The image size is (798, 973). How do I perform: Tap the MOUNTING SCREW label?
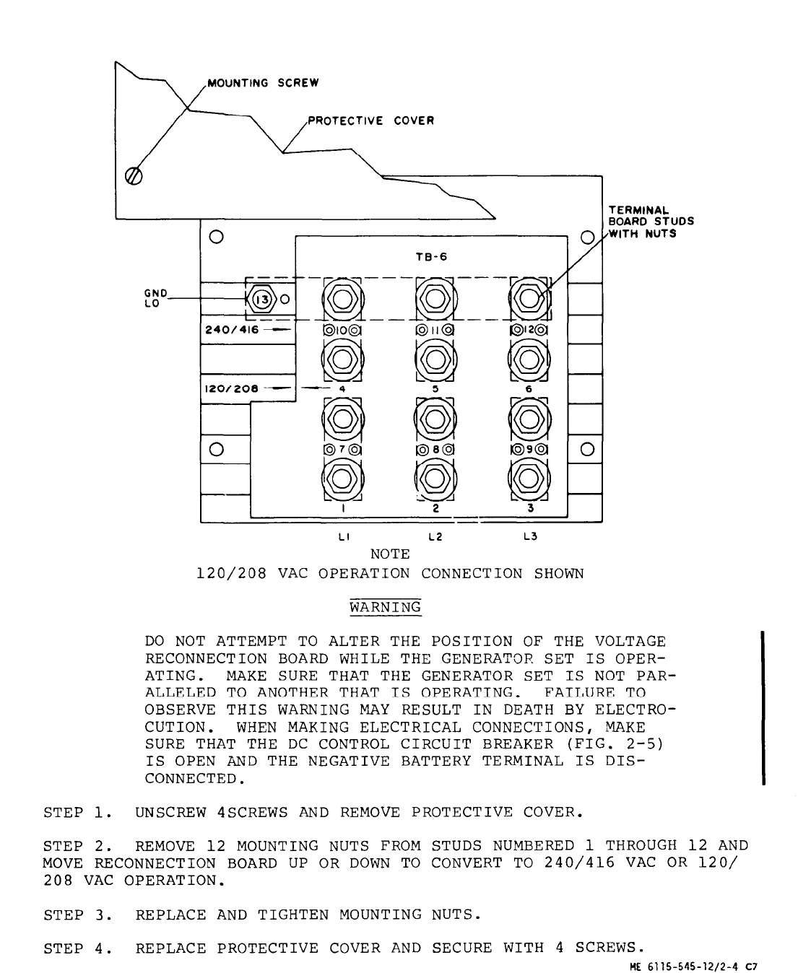pos(263,83)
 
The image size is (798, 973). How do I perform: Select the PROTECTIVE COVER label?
pos(371,121)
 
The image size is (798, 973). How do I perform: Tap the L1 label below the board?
pos(343,536)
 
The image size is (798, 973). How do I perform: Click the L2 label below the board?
pos(435,536)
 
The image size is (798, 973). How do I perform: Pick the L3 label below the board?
pos(530,536)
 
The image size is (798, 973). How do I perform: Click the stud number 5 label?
pos(435,388)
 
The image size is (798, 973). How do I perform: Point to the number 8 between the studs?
pos(435,449)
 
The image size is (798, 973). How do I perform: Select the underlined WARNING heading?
pos(385,607)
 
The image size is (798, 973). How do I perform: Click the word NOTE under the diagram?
pos(390,554)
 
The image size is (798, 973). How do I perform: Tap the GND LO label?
pos(156,298)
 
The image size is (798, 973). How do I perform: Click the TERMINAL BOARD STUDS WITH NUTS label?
pos(650,222)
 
